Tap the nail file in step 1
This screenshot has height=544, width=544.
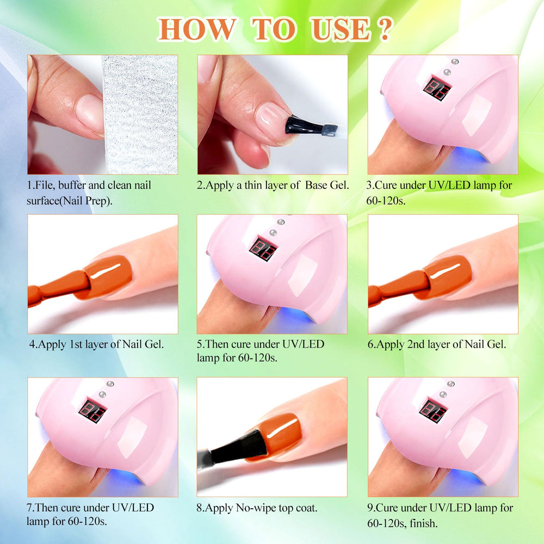[140, 114]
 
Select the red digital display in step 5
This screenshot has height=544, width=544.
[263, 249]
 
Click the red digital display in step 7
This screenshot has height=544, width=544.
[92, 411]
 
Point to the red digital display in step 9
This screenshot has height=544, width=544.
[432, 410]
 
